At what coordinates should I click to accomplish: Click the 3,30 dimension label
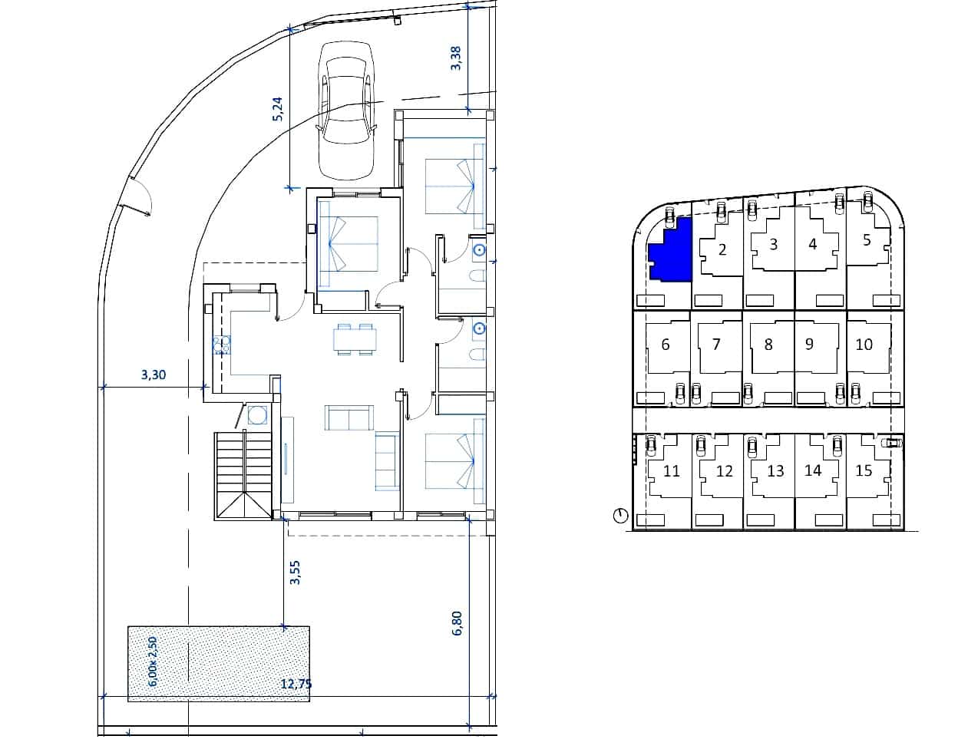154,375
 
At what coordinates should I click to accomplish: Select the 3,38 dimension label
455,58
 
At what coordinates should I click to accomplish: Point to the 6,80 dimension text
458,623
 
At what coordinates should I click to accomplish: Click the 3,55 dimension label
295,572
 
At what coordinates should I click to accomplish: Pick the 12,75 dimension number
296,685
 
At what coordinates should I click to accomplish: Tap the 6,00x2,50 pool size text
153,662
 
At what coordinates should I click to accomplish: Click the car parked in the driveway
346,111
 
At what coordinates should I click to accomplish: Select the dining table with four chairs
355,339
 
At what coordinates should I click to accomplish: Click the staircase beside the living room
243,476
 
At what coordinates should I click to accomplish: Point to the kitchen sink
222,345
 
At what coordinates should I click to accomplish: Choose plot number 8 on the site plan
768,345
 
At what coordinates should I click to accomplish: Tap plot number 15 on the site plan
864,471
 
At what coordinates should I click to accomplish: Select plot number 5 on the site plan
867,240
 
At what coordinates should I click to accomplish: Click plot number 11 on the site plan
672,471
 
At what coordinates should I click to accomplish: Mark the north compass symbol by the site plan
621,516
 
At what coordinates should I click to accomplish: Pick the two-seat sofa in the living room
349,417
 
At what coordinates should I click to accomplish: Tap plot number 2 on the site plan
722,250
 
